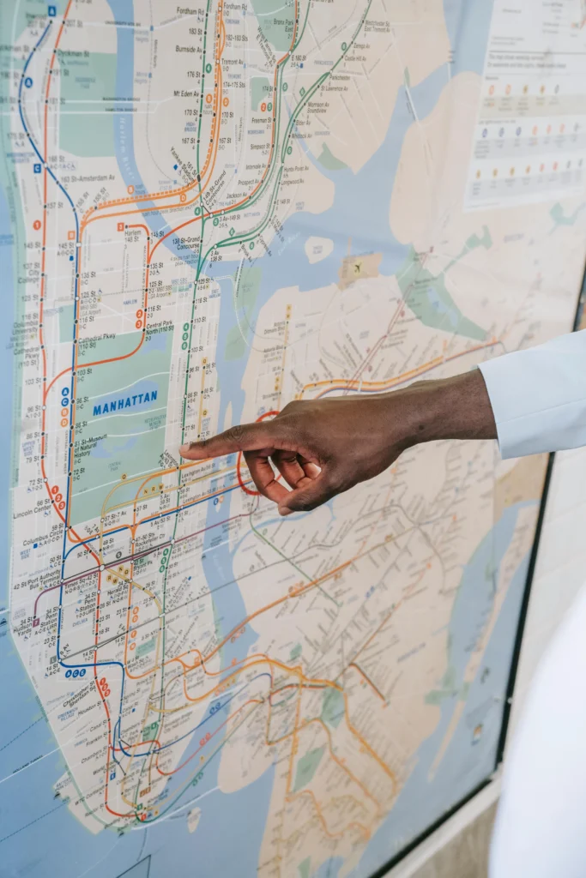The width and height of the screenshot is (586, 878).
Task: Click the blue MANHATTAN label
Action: [125, 401]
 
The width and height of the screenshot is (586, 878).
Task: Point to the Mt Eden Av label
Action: [185, 93]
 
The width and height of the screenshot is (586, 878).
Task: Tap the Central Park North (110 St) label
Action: [159, 330]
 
